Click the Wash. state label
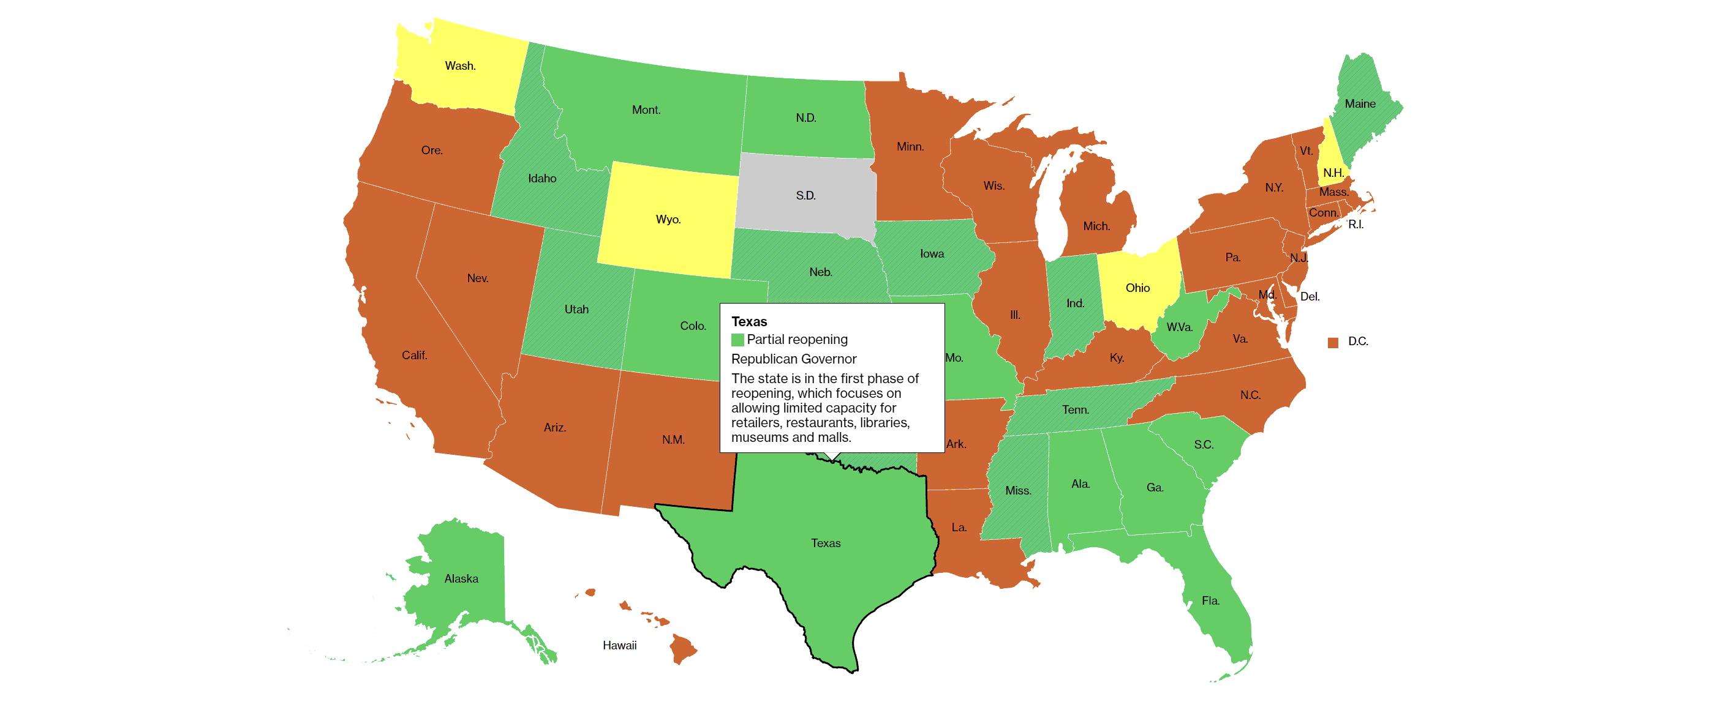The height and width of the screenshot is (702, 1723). [460, 65]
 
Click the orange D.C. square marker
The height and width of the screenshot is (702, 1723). [1332, 342]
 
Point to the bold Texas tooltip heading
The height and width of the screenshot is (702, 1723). [748, 321]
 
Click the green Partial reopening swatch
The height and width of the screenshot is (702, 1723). [737, 340]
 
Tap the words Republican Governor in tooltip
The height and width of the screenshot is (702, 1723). [793, 359]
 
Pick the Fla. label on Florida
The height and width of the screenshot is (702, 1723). [1210, 600]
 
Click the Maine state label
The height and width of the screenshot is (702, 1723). [1360, 103]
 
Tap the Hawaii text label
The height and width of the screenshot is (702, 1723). [619, 645]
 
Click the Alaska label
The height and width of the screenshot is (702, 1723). [461, 578]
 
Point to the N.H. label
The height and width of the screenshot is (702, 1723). [1333, 173]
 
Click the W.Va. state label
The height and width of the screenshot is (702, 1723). [1179, 327]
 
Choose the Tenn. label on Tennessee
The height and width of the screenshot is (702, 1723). [1075, 410]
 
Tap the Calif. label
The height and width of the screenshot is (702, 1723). [414, 355]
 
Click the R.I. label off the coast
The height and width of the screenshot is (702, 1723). [1355, 224]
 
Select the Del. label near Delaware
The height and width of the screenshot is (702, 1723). [1309, 296]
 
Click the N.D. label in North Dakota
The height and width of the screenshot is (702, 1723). [805, 118]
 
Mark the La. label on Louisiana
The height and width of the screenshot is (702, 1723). [959, 528]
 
